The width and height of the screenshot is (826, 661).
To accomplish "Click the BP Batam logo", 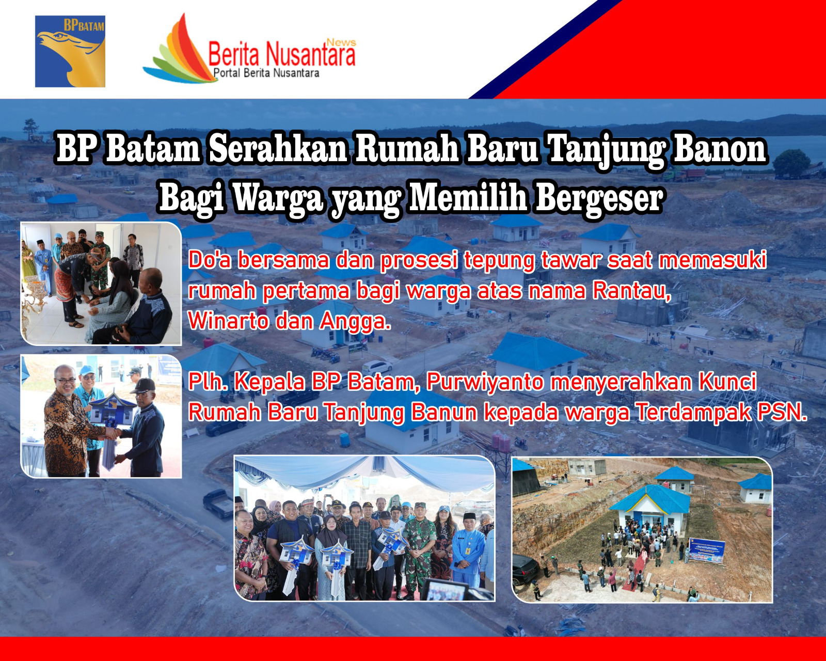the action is click(x=70, y=51).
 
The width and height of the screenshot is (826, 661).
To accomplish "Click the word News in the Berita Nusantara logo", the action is click(x=341, y=43).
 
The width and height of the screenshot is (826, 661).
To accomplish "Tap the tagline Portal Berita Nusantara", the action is click(x=266, y=73).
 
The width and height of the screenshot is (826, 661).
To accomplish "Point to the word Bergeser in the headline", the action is click(x=599, y=199).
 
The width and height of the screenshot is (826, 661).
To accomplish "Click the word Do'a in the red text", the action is click(x=210, y=260).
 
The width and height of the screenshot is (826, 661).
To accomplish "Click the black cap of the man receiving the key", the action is click(x=142, y=385).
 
